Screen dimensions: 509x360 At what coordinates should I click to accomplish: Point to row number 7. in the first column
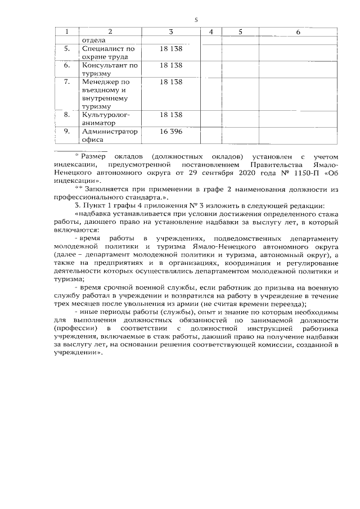pyautogui.click(x=66, y=82)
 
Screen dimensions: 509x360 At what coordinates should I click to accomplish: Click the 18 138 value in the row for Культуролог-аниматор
pyautogui.click(x=171, y=115)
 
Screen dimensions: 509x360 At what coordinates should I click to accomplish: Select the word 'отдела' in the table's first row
pyautogui.click(x=94, y=40)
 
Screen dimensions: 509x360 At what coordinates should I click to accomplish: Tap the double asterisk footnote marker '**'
pyautogui.click(x=78, y=191)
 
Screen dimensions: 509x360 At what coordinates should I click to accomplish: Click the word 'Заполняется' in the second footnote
pyautogui.click(x=106, y=192)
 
